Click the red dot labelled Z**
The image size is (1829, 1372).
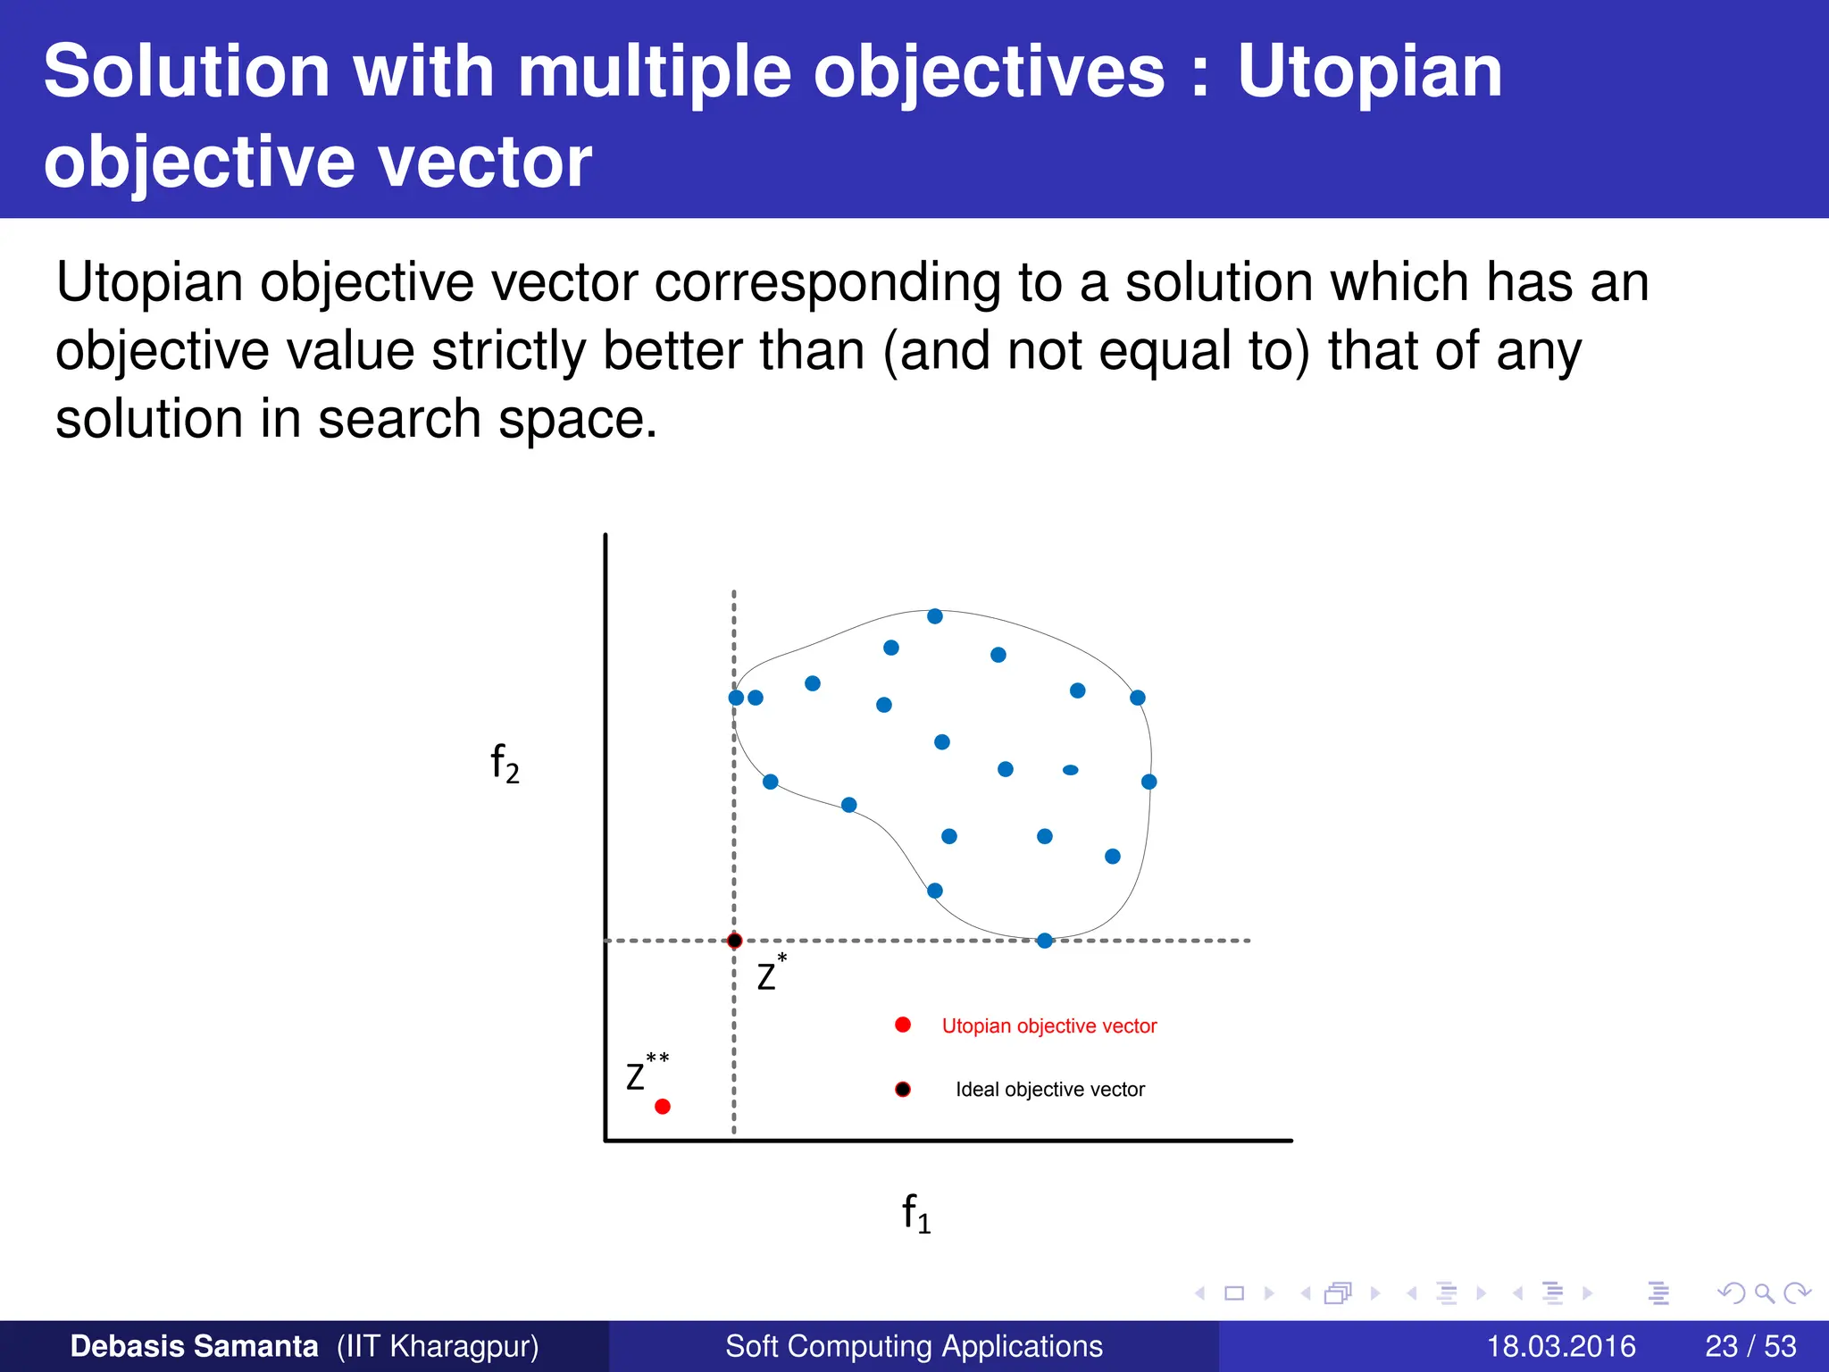[662, 1107]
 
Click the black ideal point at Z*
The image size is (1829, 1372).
[734, 941]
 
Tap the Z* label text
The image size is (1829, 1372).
[770, 975]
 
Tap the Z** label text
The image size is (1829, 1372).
[645, 1074]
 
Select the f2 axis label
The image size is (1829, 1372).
[505, 764]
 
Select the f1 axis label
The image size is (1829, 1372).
[915, 1214]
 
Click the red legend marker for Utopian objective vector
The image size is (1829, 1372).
[902, 1025]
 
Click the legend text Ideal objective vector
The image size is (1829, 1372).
[1049, 1090]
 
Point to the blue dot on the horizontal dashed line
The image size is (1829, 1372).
[1044, 941]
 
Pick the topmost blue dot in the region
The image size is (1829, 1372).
[934, 616]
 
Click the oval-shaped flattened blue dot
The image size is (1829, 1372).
[1070, 770]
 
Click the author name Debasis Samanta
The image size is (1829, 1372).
[194, 1346]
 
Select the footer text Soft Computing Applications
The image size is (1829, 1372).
[914, 1346]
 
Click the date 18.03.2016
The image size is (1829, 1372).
[1560, 1346]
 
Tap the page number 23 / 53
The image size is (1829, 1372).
[1750, 1346]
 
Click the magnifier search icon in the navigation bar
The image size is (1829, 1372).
[1764, 1293]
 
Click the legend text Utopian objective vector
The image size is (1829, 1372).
[1048, 1026]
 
